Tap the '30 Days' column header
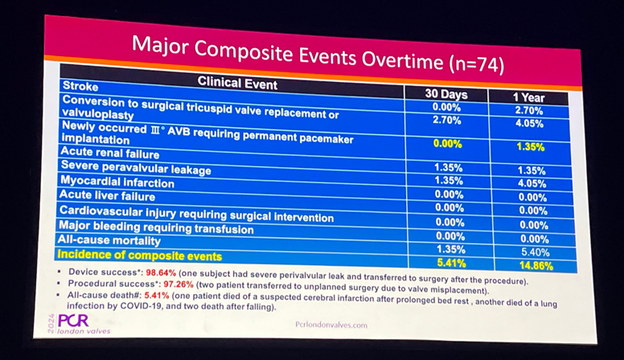pyautogui.click(x=446, y=94)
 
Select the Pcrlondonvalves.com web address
pyautogui.click(x=331, y=326)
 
